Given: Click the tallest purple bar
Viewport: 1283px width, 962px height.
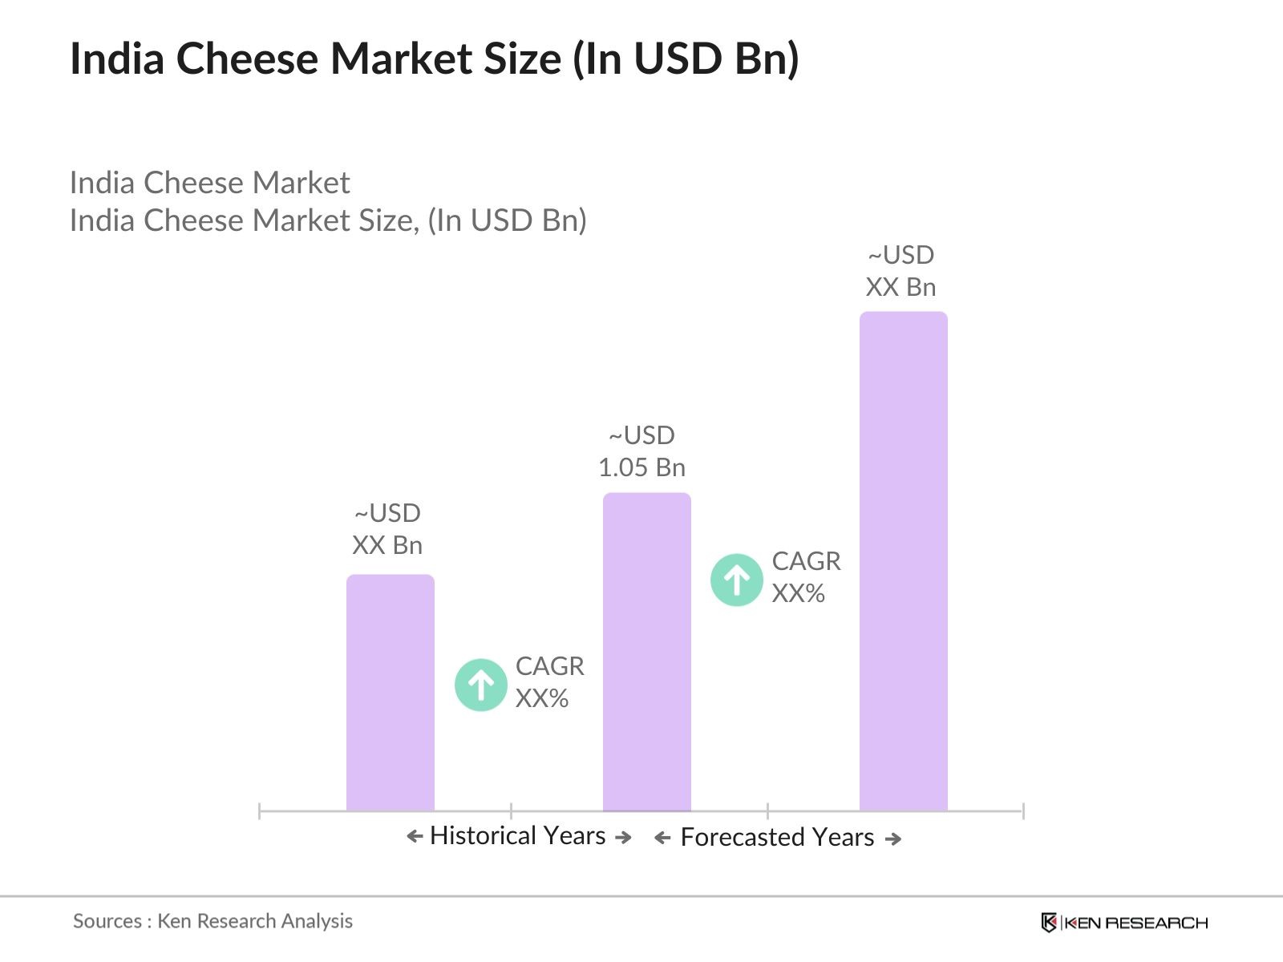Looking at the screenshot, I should (x=903, y=561).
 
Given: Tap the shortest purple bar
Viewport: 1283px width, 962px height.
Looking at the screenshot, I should (x=390, y=693).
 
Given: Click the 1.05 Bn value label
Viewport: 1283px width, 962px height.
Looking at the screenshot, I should (x=641, y=467).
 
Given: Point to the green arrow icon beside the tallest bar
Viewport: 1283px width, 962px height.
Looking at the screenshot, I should (x=736, y=579).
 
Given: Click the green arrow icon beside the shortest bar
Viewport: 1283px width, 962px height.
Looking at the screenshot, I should (x=480, y=685).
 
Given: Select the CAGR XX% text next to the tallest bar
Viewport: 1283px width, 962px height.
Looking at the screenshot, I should (x=805, y=577).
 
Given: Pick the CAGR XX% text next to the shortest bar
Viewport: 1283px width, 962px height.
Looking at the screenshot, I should (x=549, y=682).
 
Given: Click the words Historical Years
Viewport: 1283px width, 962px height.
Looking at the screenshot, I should (x=517, y=835).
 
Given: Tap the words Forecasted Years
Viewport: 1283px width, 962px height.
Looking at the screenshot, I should (x=776, y=837).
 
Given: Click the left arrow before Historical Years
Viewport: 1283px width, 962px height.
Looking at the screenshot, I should (x=414, y=837).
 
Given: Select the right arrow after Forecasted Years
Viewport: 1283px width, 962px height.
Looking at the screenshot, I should (x=893, y=839).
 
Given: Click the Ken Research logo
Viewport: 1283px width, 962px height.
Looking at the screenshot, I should (x=1123, y=923).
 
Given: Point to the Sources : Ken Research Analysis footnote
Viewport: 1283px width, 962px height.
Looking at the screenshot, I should (x=212, y=921).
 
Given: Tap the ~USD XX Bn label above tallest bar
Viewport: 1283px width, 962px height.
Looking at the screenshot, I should (x=901, y=271).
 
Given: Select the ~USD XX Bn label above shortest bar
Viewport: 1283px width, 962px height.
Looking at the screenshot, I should (x=387, y=529).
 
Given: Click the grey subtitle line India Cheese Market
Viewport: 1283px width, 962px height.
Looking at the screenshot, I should (x=209, y=183).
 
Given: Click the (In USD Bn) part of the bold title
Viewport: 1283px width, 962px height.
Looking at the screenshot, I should (x=686, y=59).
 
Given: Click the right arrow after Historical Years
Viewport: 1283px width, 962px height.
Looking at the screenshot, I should (x=623, y=838).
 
